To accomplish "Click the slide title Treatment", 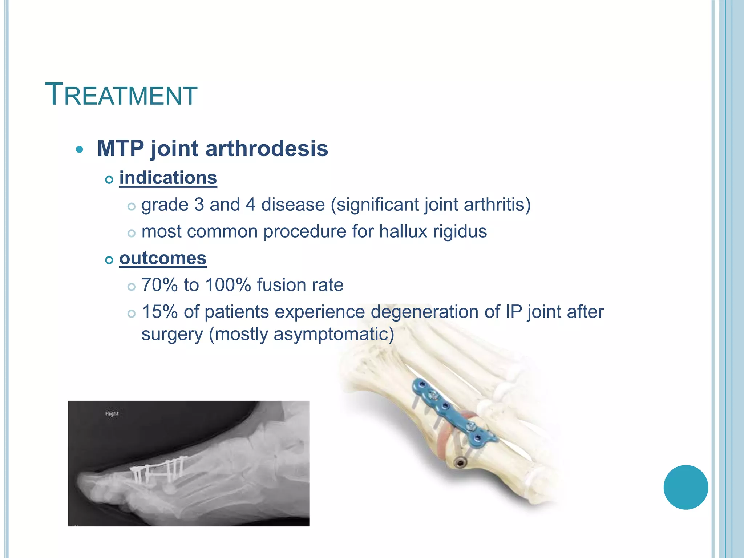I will click(x=121, y=95).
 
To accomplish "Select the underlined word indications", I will click(x=168, y=178).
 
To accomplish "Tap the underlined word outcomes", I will click(x=163, y=258).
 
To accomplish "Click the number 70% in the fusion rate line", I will click(x=159, y=285).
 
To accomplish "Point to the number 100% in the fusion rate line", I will click(x=228, y=285).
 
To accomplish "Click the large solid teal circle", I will click(x=686, y=487).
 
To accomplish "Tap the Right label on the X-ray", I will click(x=112, y=413).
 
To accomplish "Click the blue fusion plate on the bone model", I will click(x=450, y=414).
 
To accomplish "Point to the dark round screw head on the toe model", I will click(x=461, y=462).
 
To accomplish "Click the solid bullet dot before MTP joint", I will click(x=80, y=149).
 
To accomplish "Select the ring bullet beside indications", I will click(x=109, y=179).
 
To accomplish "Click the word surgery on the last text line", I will click(x=172, y=334).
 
